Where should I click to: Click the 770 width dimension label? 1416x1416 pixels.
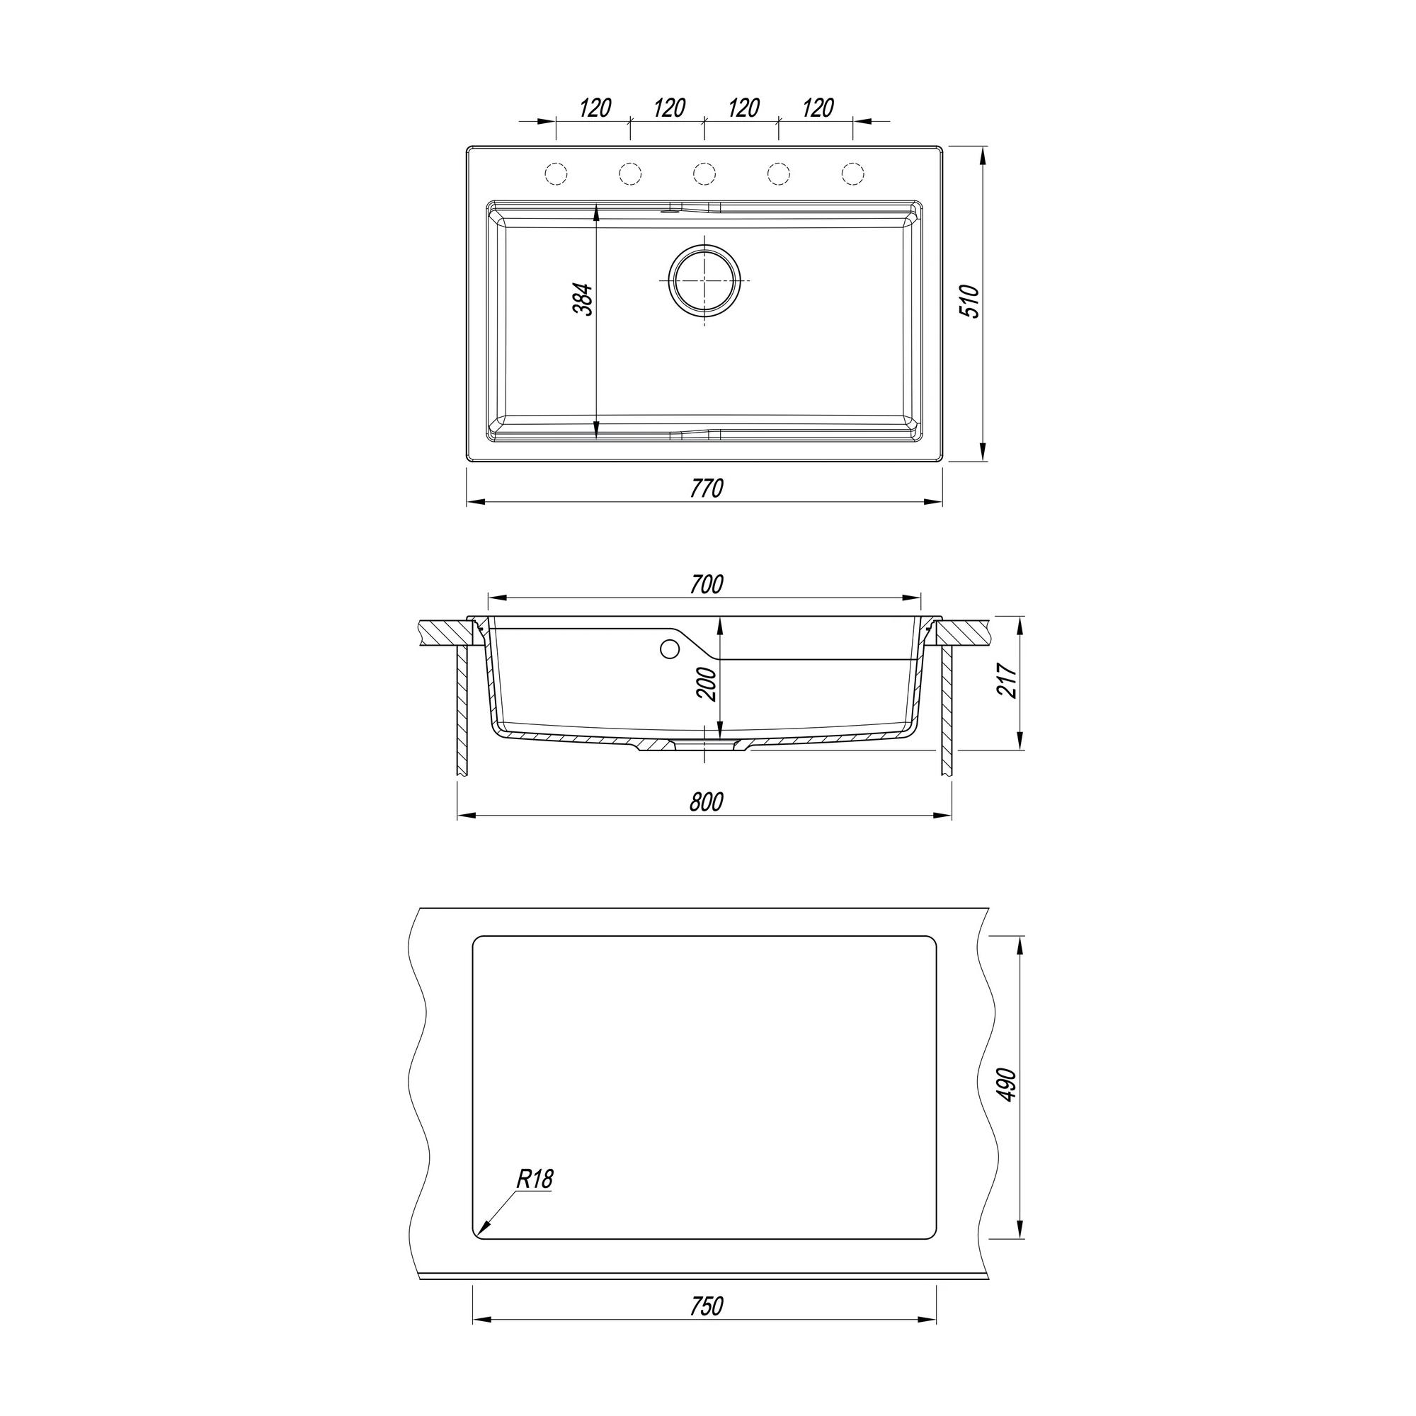[707, 488]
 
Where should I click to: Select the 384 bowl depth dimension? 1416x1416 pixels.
[583, 299]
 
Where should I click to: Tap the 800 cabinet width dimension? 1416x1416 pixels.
[706, 802]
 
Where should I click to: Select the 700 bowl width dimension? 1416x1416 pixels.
[706, 584]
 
